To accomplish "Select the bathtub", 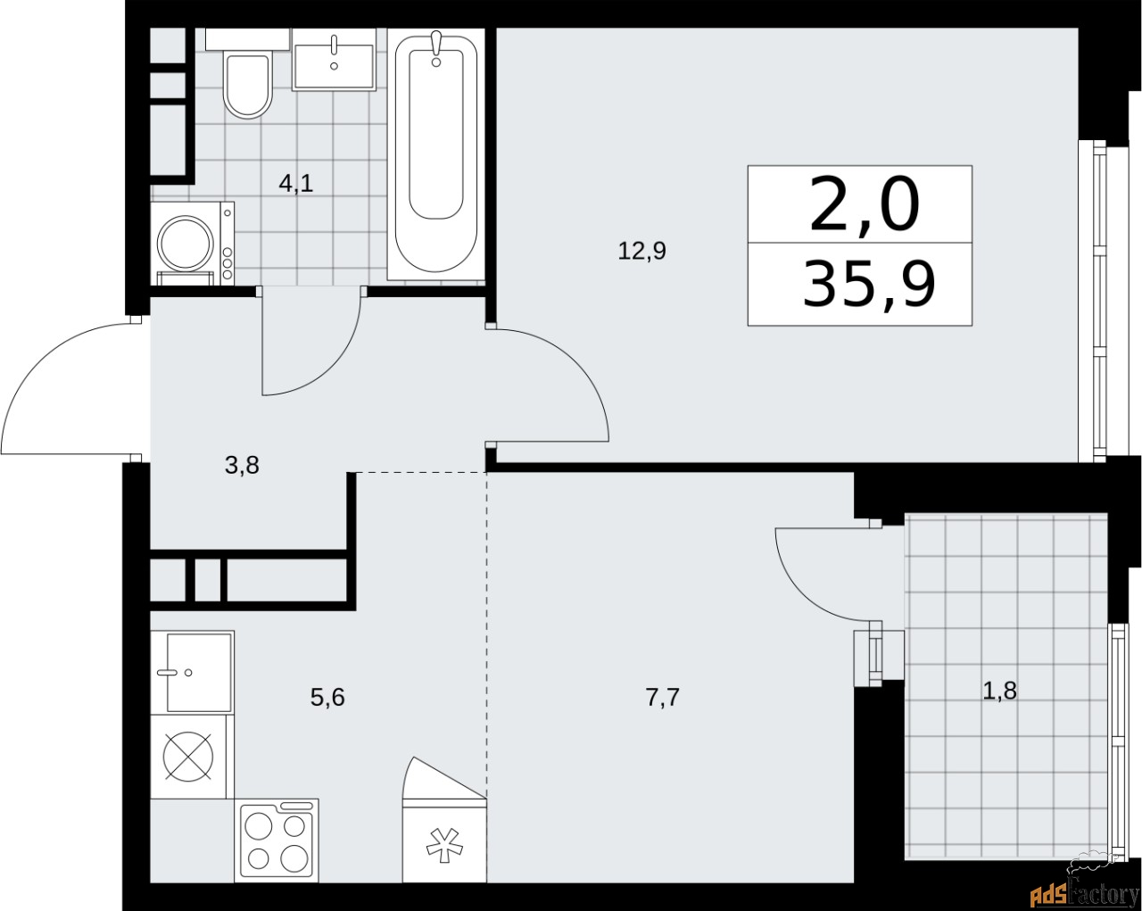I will pos(436,152).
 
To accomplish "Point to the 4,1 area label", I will pos(296,184).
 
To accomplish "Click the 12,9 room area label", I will pos(641,251).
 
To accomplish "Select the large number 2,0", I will pos(863,204).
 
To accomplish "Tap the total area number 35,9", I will pos(868,285).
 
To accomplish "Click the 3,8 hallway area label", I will pos(242,464).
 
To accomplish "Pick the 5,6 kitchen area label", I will pos(327,697).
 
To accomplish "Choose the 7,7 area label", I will pos(662,697).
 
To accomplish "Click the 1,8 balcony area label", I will pos(999,690).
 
